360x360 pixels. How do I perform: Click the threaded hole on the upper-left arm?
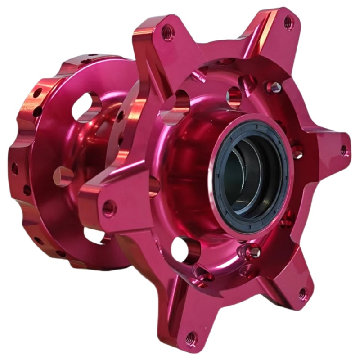(x=167, y=32)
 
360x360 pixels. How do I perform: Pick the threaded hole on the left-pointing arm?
(x=108, y=208)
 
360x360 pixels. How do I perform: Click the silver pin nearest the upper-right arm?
(x=273, y=88)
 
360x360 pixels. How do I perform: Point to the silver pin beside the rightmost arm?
(x=297, y=152)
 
